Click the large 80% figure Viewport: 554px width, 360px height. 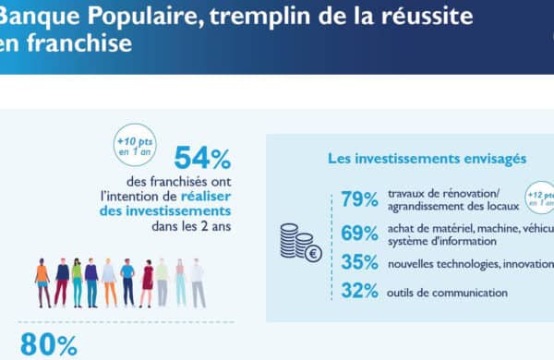pos(48,345)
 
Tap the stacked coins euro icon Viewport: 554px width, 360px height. pos(301,243)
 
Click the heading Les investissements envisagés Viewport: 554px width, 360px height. pos(427,159)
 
